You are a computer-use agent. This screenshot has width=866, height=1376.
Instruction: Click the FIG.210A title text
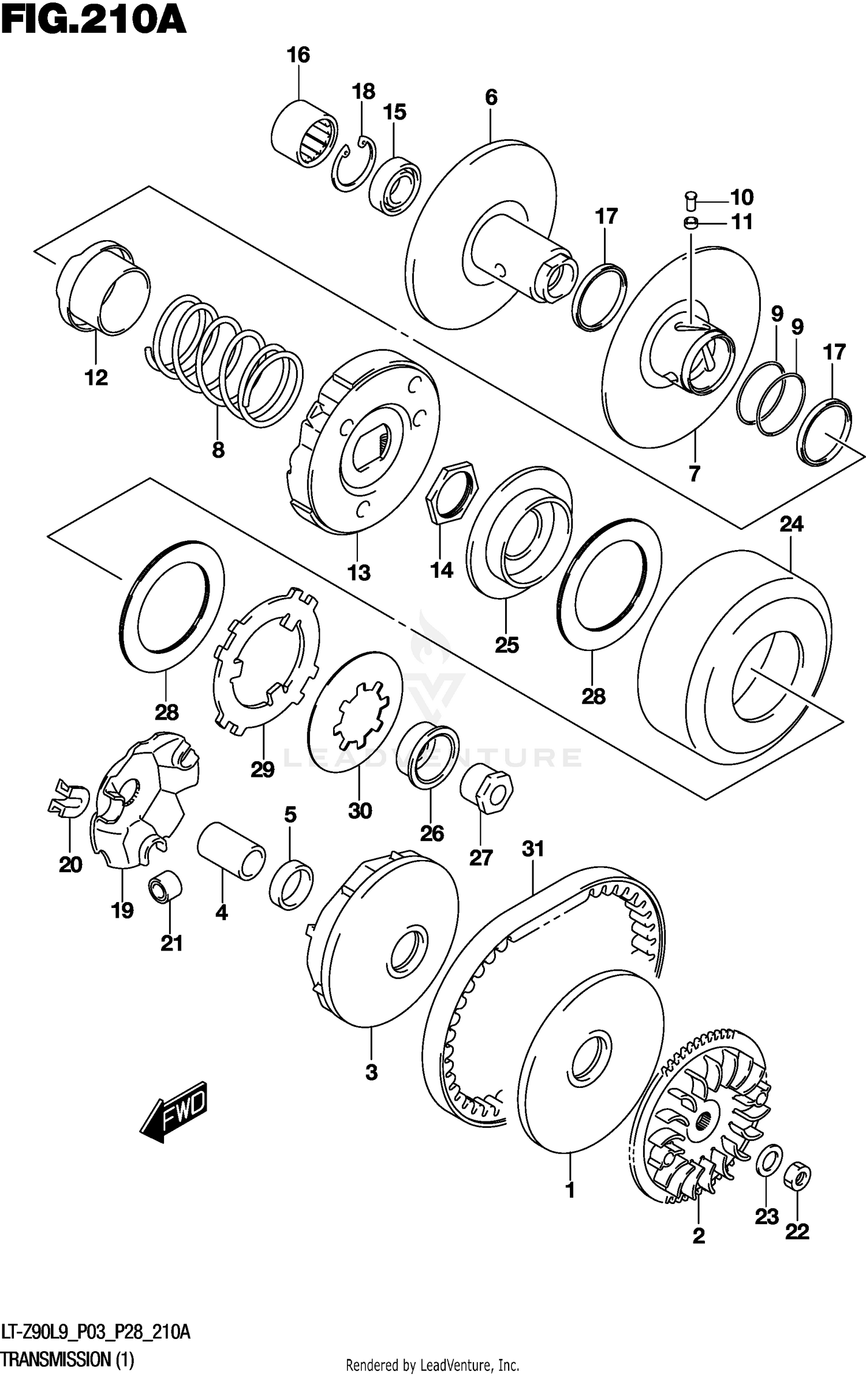click(x=94, y=22)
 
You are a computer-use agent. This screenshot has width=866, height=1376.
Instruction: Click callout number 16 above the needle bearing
click(x=298, y=55)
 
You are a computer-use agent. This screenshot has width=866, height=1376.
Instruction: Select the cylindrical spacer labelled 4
click(x=231, y=851)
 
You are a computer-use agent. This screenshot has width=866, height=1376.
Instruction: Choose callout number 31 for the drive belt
click(x=533, y=849)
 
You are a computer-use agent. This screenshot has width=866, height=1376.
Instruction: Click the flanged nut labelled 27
click(x=486, y=788)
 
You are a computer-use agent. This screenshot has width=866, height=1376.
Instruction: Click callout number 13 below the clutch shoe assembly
click(x=358, y=573)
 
